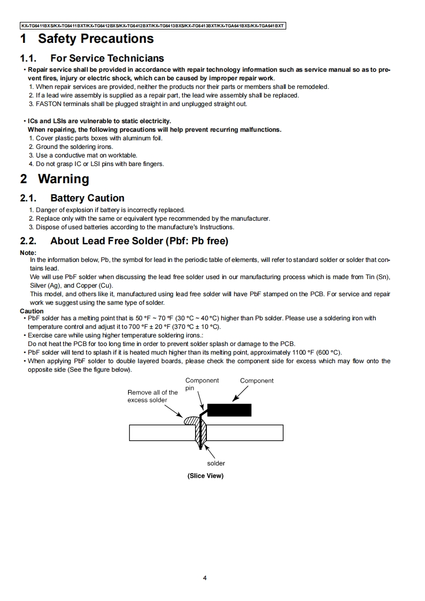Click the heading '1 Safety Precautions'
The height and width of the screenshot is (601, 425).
pos(87,39)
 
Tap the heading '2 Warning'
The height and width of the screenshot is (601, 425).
pos(55,179)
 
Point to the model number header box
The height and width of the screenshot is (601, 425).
pos(153,25)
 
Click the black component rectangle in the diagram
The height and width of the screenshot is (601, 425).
pos(229,410)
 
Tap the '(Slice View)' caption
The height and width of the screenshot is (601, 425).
pos(205,476)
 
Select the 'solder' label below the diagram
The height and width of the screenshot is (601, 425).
pos(216,463)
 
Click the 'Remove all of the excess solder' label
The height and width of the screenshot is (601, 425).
pos(152,396)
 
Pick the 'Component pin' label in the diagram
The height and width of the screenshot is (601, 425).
pos(202,384)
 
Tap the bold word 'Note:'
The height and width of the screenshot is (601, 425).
pos(28,253)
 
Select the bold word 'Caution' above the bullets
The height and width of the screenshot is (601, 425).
pos(32,311)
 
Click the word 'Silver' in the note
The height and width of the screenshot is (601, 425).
pos(39,286)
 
